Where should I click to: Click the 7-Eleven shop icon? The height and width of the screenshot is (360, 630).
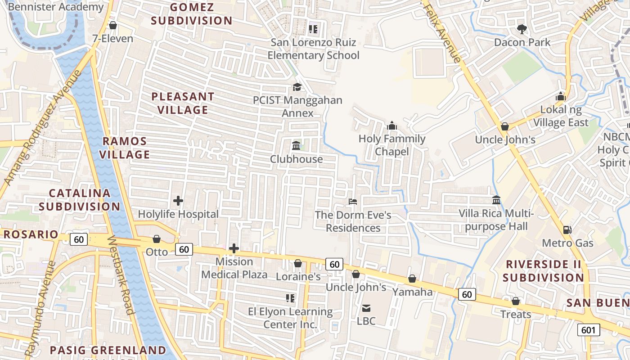coord(112,25)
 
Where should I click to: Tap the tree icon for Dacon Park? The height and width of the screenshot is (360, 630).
coord(522,29)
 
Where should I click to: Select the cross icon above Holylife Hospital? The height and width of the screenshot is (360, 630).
coord(178,201)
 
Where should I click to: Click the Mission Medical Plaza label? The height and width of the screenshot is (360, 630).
coord(234,268)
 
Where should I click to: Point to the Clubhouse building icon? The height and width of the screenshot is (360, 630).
coord(296,146)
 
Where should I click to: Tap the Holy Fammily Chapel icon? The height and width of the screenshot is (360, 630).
coord(392,126)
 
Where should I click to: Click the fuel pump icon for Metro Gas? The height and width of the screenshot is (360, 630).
coord(567,230)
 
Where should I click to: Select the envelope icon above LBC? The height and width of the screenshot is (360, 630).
coord(366,308)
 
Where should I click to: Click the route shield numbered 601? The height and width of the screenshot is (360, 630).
coord(588,330)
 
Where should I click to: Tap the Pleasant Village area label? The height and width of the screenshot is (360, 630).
coord(183,103)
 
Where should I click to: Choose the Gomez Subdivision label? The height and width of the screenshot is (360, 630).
coord(192,14)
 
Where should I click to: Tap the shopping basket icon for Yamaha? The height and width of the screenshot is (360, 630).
coord(412,279)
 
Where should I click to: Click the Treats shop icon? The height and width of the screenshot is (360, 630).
coord(516,301)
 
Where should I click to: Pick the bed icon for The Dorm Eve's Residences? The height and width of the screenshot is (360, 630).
coord(353,202)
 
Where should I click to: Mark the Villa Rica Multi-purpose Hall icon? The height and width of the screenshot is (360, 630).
coord(496,200)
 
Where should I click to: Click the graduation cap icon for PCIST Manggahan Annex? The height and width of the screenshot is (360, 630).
coord(297,87)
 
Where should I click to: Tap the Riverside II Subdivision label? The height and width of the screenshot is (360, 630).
coord(543,270)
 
